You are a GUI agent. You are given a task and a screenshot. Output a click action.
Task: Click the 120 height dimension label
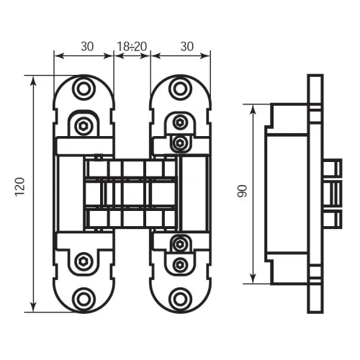tap(20, 187)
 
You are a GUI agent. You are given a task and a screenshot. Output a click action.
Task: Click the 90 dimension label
tap(242, 192)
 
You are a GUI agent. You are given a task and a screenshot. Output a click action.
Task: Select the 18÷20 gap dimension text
tap(132, 47)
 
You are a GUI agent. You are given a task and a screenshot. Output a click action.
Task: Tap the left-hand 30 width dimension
tap(87, 47)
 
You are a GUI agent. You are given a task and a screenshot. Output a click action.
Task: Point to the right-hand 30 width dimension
tap(187, 47)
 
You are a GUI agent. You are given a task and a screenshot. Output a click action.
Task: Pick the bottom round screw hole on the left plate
tap(84, 299)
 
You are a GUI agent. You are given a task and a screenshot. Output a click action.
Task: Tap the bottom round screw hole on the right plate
tap(179, 299)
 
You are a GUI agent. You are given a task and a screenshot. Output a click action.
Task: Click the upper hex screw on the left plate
tap(84, 125)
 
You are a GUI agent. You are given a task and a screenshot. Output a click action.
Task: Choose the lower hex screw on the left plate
tap(84, 261)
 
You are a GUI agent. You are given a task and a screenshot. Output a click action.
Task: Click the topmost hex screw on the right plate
tap(179, 122)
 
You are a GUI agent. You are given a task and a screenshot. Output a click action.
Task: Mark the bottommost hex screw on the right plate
tap(179, 265)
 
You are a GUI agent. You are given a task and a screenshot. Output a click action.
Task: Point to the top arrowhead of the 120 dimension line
tap(34, 81)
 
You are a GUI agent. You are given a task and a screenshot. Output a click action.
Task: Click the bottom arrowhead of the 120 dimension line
tap(34, 307)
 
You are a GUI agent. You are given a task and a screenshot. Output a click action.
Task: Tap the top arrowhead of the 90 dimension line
tap(253, 109)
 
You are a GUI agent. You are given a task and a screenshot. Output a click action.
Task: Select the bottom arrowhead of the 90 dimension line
tap(253, 279)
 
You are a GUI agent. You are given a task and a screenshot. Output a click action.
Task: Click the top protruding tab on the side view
tap(333, 168)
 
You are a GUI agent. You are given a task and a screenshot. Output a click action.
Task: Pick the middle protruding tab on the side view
tap(333, 194)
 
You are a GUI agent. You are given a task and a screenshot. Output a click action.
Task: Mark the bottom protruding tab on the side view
tap(333, 220)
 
